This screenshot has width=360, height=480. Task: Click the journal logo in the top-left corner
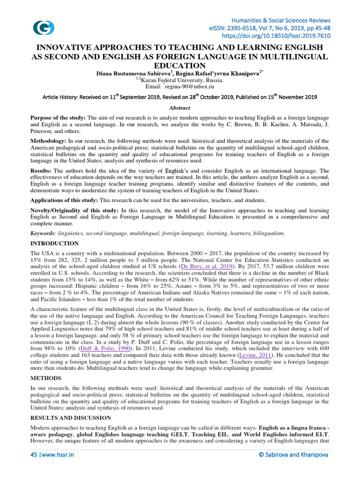(44, 28)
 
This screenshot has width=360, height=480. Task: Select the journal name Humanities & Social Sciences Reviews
(281, 20)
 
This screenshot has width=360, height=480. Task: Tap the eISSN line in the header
(270, 28)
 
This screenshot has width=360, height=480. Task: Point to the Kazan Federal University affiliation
(180, 80)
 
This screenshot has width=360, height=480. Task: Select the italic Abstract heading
(180, 107)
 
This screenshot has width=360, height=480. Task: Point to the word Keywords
(42, 233)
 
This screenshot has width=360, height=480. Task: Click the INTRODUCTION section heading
(54, 243)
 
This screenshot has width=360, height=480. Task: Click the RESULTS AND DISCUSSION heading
(71, 417)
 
